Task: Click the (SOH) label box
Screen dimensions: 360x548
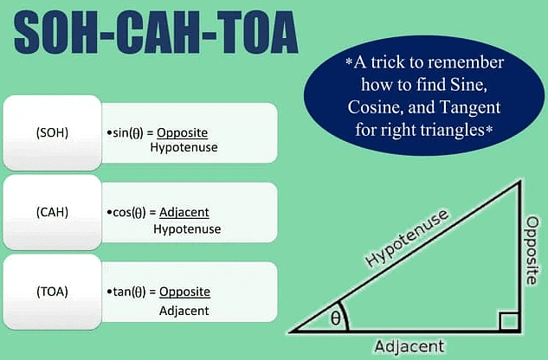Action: [x=53, y=133]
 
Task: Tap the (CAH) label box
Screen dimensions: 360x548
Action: [x=53, y=212]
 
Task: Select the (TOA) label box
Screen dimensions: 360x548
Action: [x=53, y=291]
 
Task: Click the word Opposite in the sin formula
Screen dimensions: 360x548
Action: [x=184, y=133]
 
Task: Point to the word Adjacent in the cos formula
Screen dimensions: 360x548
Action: [x=184, y=212]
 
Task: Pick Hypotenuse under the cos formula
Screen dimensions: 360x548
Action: [x=186, y=229]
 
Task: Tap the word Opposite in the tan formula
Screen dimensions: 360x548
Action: [x=185, y=292]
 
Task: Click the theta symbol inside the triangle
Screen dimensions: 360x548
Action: [x=335, y=318]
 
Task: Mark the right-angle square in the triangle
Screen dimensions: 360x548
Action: [x=509, y=323]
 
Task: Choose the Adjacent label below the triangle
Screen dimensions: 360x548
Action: [x=409, y=346]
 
